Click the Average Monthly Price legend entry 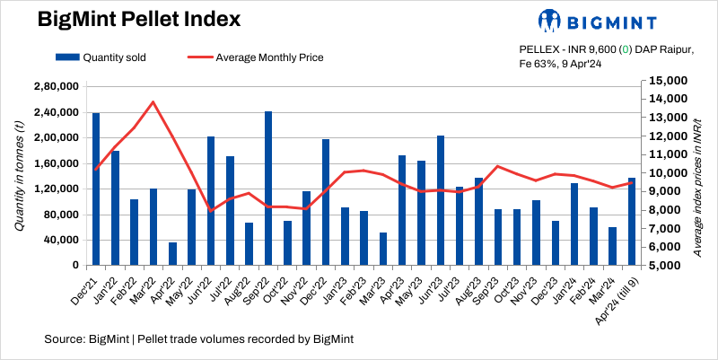tap(256, 57)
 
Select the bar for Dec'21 tap(96, 189)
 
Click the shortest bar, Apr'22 tap(172, 254)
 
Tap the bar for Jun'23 tap(441, 200)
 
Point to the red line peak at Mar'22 tap(153, 101)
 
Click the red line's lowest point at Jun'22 tap(211, 211)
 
